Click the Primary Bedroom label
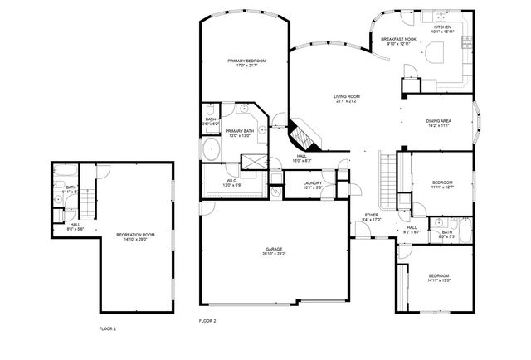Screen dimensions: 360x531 pyautogui.click(x=243, y=62)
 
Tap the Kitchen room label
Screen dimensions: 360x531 pyautogui.click(x=443, y=28)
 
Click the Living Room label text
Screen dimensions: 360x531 pyautogui.click(x=346, y=98)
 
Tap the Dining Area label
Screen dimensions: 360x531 pyautogui.click(x=438, y=122)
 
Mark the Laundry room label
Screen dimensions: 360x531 pyautogui.click(x=312, y=184)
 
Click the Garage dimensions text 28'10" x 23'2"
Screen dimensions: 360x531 pyautogui.click(x=275, y=254)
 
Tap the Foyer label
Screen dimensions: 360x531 pyautogui.click(x=372, y=217)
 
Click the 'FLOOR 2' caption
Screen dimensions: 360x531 pyautogui.click(x=207, y=320)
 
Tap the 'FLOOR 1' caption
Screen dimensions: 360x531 pyautogui.click(x=108, y=329)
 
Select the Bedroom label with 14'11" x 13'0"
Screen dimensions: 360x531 pyautogui.click(x=438, y=278)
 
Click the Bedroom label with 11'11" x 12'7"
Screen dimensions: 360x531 pyautogui.click(x=442, y=184)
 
